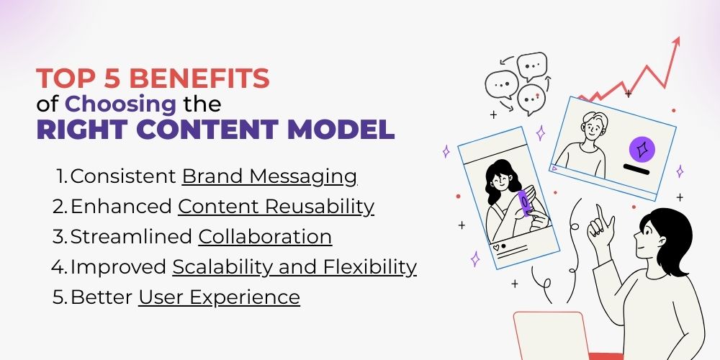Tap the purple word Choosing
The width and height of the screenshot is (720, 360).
pyautogui.click(x=120, y=105)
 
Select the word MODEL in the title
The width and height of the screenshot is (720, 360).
pyautogui.click(x=341, y=130)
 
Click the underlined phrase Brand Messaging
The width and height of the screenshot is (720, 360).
pyautogui.click(x=269, y=177)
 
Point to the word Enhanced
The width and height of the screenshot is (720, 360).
pyautogui.click(x=121, y=207)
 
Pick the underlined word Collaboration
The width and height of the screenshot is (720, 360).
pyautogui.click(x=265, y=237)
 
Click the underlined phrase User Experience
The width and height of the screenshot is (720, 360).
pyautogui.click(x=219, y=297)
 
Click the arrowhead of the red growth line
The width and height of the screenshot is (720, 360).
pyautogui.click(x=675, y=42)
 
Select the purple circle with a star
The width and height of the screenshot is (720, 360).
pyautogui.click(x=642, y=150)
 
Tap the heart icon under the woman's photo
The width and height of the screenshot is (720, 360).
pyautogui.click(x=496, y=248)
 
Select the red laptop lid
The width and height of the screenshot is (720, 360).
pyautogui.click(x=551, y=336)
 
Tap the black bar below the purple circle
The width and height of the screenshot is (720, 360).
pyautogui.click(x=636, y=170)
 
